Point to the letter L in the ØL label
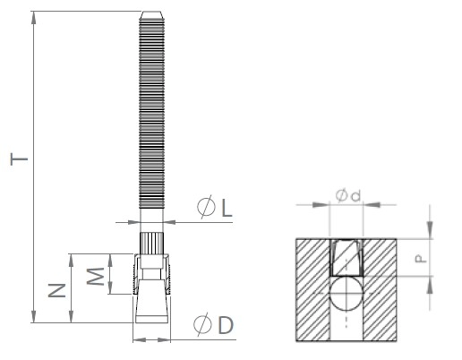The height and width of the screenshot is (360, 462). (227, 210)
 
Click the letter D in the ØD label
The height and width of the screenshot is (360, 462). (225, 325)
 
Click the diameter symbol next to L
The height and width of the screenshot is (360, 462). (205, 210)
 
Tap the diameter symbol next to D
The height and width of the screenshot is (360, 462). (202, 325)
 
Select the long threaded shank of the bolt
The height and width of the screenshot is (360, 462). (151, 116)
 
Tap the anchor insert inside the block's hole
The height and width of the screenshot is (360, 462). (344, 258)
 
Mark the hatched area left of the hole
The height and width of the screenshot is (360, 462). (310, 287)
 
